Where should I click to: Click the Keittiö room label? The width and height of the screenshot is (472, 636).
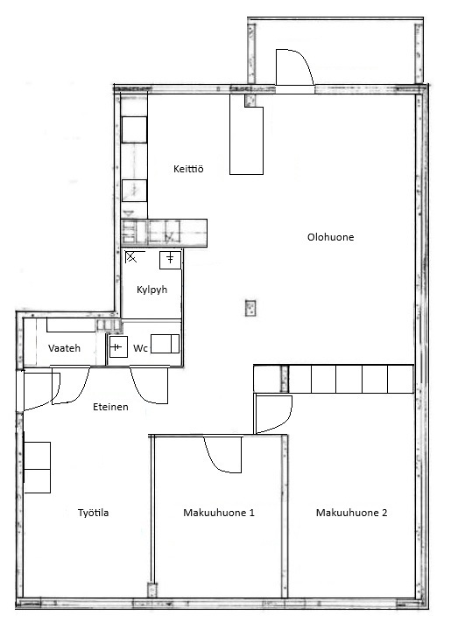click(x=188, y=169)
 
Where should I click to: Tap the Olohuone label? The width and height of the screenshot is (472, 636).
click(x=330, y=237)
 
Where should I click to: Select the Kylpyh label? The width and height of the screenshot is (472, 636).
click(x=151, y=290)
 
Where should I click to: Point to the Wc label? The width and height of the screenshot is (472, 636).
click(x=140, y=348)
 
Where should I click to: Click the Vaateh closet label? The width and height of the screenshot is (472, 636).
click(x=64, y=348)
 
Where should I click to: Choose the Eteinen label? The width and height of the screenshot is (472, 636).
click(x=110, y=407)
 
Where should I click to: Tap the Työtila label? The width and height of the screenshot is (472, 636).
click(x=93, y=513)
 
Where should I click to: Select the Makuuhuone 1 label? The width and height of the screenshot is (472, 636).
click(x=219, y=513)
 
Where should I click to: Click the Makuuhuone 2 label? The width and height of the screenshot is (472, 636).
click(x=351, y=513)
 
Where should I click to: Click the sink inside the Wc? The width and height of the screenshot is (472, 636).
click(x=118, y=346)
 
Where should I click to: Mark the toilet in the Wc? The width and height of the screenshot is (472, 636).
click(x=165, y=344)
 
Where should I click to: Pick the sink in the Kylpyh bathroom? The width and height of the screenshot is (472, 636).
click(x=170, y=260)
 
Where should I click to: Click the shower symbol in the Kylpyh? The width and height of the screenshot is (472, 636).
click(x=131, y=256)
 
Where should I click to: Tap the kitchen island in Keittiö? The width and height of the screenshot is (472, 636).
click(x=246, y=135)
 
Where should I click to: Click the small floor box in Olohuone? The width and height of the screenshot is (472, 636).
click(x=250, y=308)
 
